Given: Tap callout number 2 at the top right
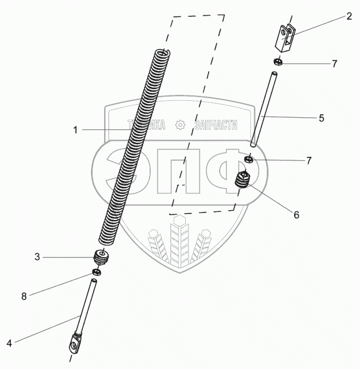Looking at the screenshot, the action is coord(348,16).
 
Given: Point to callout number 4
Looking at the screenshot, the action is coord(9,344).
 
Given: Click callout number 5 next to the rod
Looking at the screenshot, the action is coord(321,117).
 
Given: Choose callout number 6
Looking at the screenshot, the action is coord(296,215).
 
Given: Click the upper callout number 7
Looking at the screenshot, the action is coord(334,64).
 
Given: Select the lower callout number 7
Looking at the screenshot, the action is coord(308,161).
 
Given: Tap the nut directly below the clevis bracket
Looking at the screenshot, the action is coord(277,62).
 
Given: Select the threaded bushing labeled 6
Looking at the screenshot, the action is coord(242,180).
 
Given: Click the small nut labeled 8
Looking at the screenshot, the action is coord(96,272).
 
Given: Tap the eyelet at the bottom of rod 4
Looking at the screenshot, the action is coord(71,345).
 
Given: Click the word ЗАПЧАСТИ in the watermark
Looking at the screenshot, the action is coord(216,125).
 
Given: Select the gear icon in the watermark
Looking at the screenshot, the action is coord(180,125).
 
